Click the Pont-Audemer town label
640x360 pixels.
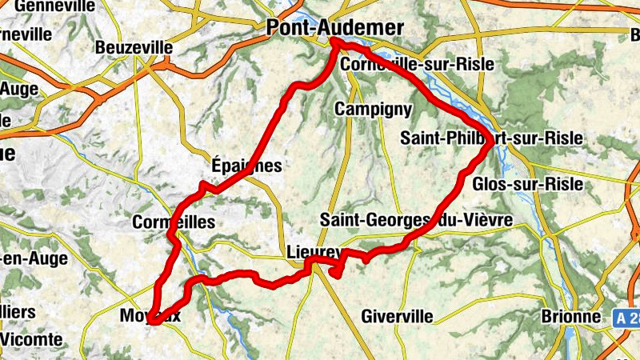point(334,28)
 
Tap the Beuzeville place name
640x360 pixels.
point(134,48)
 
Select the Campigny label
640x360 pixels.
point(374,109)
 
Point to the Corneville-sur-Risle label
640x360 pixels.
point(416,64)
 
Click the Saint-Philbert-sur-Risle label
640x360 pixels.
point(491,138)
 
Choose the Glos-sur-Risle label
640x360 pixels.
point(528,185)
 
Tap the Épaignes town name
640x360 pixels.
point(247,166)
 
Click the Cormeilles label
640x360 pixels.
point(174,222)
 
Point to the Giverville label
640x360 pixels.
point(397,317)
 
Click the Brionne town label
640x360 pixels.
point(570,317)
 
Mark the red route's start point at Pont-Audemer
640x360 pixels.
point(334,42)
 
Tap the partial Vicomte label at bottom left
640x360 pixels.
point(30,339)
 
